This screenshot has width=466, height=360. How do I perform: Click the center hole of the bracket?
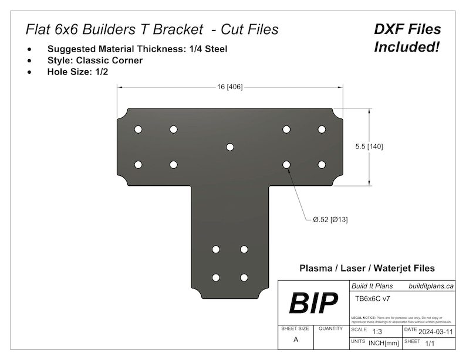pyautogui.click(x=230, y=147)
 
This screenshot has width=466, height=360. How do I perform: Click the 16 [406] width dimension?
pyautogui.click(x=230, y=87)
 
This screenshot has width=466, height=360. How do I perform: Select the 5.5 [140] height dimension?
pyautogui.click(x=370, y=147)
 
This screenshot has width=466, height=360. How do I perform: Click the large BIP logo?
pyautogui.click(x=313, y=303)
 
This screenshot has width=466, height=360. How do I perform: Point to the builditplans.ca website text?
pyautogui.click(x=431, y=286)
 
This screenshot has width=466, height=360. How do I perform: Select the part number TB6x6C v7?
pyautogui.click(x=373, y=298)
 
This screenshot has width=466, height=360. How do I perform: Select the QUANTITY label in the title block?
pyautogui.click(x=330, y=330)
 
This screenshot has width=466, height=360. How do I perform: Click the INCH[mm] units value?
pyautogui.click(x=384, y=342)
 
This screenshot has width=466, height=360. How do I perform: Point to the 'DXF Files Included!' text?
pyautogui.click(x=407, y=38)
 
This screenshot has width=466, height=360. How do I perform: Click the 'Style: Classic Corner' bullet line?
pyautogui.click(x=94, y=60)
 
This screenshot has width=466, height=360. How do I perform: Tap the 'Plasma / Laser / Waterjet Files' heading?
pyautogui.click(x=367, y=268)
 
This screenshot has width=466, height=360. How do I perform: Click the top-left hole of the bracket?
pyautogui.click(x=138, y=129)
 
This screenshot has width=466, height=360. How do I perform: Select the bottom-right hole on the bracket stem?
pyautogui.click(x=244, y=277)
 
